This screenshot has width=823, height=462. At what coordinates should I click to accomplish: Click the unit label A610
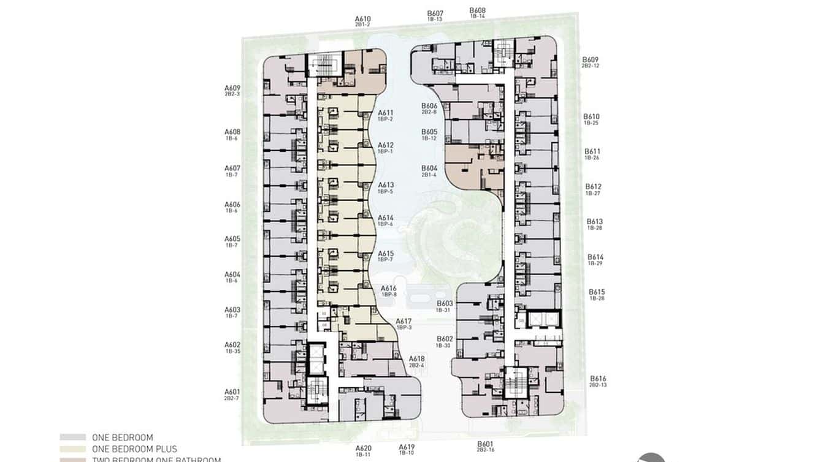pos(362,19)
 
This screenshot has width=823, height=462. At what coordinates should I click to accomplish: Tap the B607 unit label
pos(435,13)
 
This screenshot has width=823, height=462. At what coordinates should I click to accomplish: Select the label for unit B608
pos(477,10)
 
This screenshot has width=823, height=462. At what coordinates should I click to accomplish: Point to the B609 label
pos(591,60)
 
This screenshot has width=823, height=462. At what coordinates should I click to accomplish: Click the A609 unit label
pos(232,88)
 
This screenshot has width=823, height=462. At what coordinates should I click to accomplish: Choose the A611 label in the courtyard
pos(385,113)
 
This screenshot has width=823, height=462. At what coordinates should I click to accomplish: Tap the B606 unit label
pos(429,106)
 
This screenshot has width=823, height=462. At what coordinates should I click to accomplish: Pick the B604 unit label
pos(429,169)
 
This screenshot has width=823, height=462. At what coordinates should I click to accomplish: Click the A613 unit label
pos(386,185)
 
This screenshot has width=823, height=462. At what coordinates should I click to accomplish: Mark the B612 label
pos(593,187)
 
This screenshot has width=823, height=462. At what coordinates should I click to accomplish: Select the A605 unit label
pos(232,239)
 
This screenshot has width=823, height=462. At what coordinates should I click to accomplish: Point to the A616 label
pos(389,289)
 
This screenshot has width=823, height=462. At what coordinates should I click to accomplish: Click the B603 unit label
pos(445,304)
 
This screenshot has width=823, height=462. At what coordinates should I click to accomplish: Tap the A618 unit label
pos(417,359)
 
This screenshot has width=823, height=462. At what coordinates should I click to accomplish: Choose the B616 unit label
pos(598,379)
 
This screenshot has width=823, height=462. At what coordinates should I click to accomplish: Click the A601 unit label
pos(232,392)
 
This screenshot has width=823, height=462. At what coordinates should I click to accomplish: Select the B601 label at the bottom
pos(485,444)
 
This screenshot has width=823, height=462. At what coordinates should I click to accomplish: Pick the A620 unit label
pos(363,448)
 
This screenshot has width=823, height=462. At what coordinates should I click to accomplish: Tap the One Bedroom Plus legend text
pos(134,449)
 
